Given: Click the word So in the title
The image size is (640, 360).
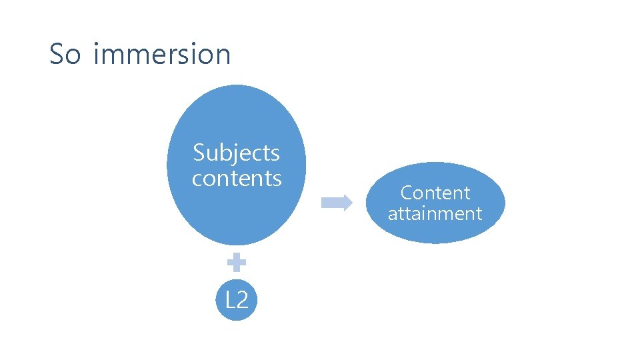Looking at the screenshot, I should [x=65, y=54].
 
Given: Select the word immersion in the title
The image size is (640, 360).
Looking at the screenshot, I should [x=162, y=54].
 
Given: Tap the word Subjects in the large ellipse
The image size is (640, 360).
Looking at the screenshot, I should [x=236, y=153].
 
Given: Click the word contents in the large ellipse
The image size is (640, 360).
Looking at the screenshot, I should [x=237, y=179].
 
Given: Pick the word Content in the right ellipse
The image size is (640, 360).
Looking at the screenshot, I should [x=435, y=193].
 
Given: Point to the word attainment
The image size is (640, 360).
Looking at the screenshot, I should [x=435, y=214].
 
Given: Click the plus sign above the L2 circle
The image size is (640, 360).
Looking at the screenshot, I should [x=236, y=263].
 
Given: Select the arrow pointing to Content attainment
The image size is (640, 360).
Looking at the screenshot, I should [x=337, y=203].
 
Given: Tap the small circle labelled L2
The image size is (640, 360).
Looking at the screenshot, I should [x=236, y=300].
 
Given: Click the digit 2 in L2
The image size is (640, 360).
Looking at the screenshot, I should [x=242, y=300].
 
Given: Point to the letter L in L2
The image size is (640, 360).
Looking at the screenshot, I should [x=229, y=300].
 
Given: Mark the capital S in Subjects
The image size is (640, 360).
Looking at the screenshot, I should [x=199, y=153].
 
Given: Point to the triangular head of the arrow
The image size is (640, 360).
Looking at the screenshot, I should [x=347, y=203].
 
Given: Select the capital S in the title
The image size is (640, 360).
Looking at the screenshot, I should [x=57, y=54].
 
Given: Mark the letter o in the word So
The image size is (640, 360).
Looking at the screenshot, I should [x=73, y=56].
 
